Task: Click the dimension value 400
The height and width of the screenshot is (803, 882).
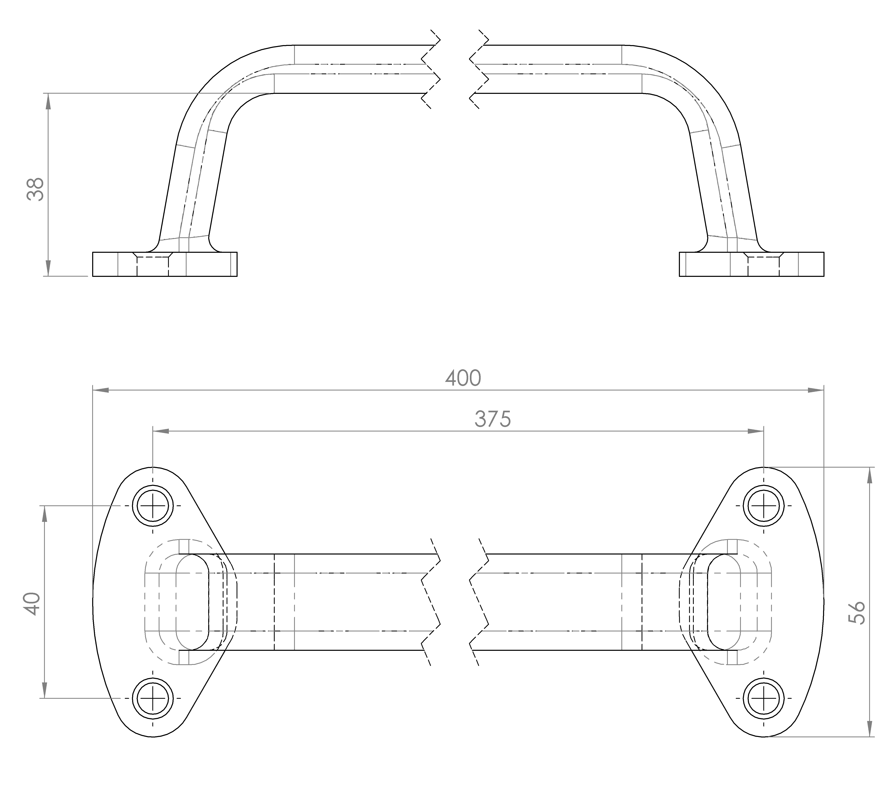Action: pos(463,378)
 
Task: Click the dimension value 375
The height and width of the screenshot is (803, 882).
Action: pos(493,419)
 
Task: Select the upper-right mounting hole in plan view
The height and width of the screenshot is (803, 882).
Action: pos(764,506)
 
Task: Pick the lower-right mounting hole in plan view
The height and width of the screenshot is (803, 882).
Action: pos(764,698)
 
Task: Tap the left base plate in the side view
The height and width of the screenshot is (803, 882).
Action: pos(165,264)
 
